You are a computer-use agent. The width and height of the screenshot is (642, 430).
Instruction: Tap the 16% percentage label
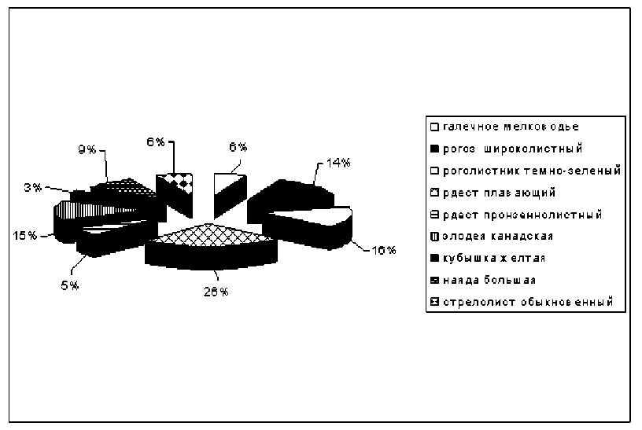[x=383, y=250]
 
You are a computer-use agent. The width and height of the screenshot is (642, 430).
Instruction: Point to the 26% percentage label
[x=217, y=292]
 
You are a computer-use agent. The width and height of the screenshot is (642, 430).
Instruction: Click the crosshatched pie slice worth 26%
[x=211, y=236]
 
